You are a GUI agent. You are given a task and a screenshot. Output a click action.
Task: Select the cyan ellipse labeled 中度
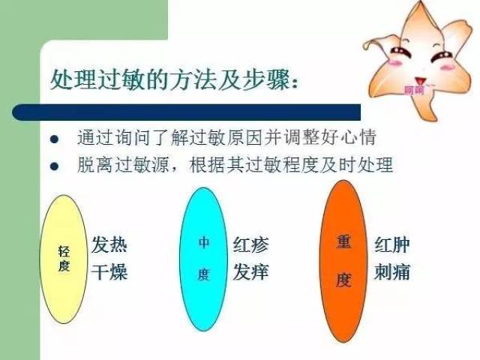tap(203, 259)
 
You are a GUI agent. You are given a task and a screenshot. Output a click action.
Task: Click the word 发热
tap(109, 245)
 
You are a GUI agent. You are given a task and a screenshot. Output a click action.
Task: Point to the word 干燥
tap(109, 271)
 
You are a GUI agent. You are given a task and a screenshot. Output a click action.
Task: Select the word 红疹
tap(250, 245)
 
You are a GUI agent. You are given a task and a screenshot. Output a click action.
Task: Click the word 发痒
tap(250, 271)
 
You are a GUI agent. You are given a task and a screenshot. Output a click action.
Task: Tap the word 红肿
tap(391, 245)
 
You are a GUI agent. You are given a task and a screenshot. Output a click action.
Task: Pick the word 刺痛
tap(391, 271)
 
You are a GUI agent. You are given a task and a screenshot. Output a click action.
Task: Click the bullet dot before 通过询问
tap(54, 139)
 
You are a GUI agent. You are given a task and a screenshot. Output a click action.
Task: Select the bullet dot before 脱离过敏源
tap(54, 166)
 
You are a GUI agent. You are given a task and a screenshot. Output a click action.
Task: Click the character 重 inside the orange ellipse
tap(343, 244)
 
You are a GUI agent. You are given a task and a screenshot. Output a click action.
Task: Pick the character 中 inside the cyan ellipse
tap(203, 243)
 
